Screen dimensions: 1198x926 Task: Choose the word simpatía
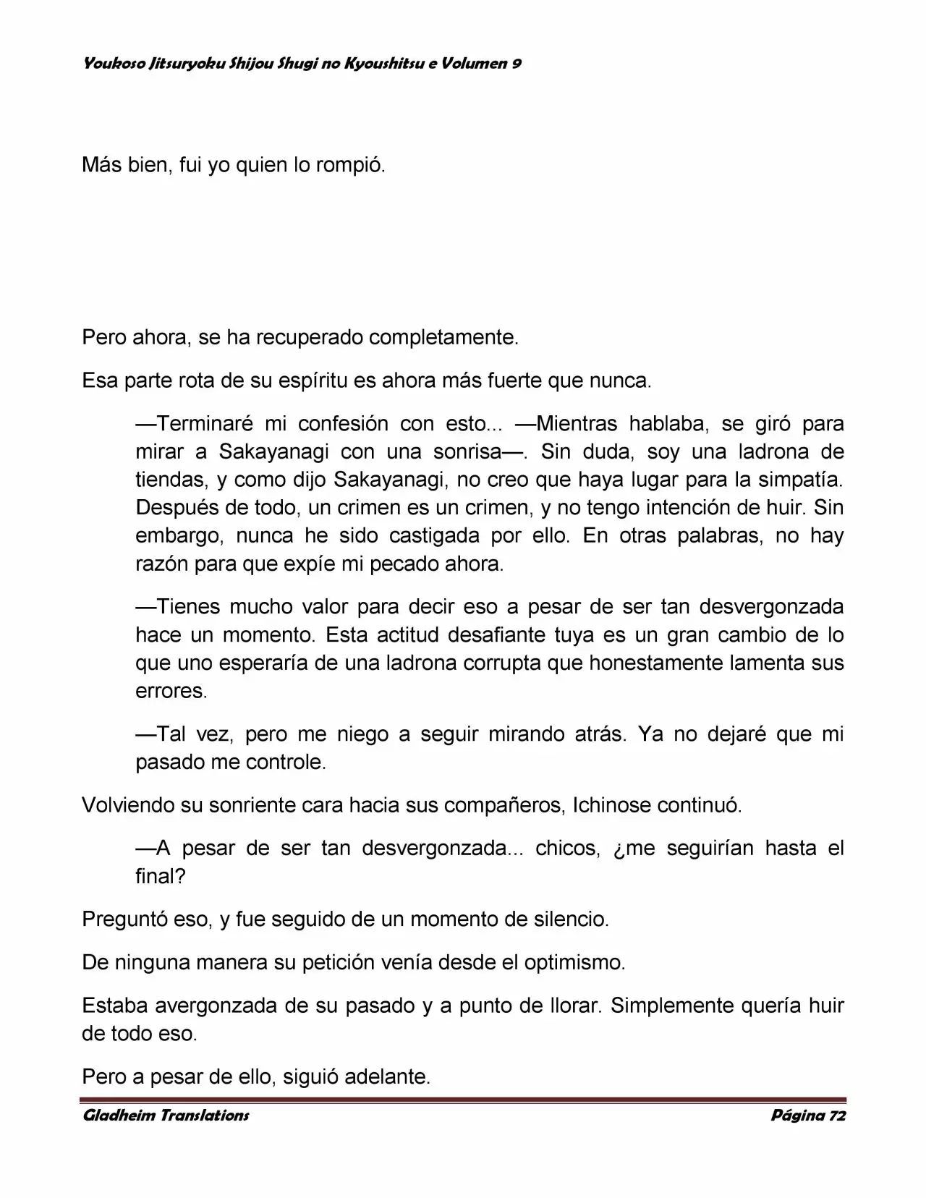tap(798, 480)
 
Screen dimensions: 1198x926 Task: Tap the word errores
tap(171, 692)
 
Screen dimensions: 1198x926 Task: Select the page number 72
tap(837, 1116)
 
